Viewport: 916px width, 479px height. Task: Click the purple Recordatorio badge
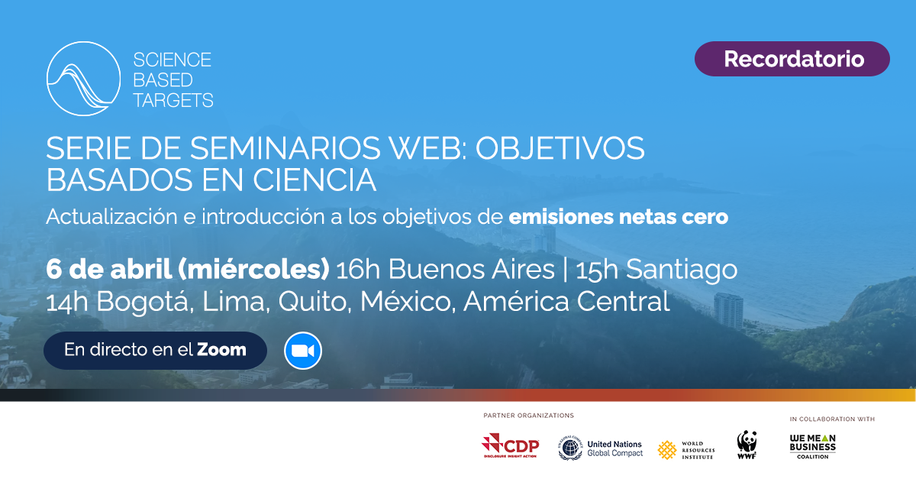[x=792, y=59]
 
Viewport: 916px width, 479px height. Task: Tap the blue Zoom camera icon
[x=303, y=351]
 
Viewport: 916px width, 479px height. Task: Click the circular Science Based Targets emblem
[x=83, y=79]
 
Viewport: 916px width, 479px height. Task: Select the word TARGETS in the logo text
[x=173, y=100]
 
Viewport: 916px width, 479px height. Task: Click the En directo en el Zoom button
[x=156, y=351]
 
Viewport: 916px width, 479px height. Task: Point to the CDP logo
[x=511, y=445]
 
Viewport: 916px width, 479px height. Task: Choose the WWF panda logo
[x=747, y=445]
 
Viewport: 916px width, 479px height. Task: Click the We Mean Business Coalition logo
[x=812, y=446]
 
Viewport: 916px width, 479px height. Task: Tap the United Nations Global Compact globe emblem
[x=570, y=448]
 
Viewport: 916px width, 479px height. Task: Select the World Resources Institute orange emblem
[x=667, y=450]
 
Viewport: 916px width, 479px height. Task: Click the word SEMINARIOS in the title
[x=285, y=148]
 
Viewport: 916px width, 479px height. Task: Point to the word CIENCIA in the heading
[x=314, y=180]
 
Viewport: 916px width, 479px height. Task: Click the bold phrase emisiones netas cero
[x=618, y=216]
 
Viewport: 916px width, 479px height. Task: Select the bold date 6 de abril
[x=108, y=270]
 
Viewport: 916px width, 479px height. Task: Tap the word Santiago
[x=682, y=270]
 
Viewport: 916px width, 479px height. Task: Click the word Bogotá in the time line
[x=142, y=302]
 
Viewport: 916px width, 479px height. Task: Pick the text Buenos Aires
[x=471, y=270]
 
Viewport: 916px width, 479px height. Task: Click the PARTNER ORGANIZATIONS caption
[x=529, y=416]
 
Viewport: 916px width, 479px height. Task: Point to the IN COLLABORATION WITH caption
[x=832, y=419]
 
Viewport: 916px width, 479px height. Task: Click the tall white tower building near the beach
[x=728, y=310]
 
